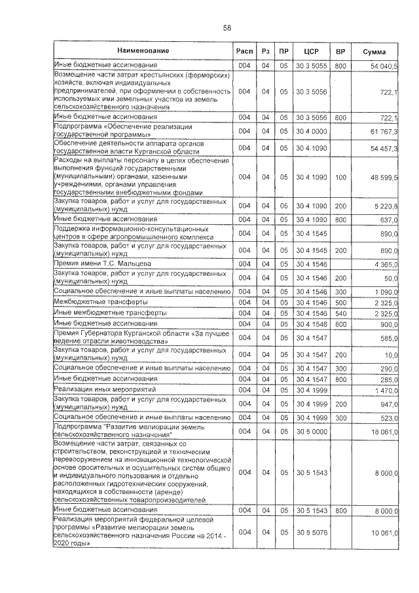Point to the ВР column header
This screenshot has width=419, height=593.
[340, 52]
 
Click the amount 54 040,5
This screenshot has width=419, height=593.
[384, 67]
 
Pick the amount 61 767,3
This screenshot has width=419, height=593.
[384, 132]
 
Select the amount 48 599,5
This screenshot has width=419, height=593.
[384, 177]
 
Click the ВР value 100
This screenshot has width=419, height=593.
[340, 177]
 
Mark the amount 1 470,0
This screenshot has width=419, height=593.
[385, 390]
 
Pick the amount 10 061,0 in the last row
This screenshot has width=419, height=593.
[384, 533]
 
